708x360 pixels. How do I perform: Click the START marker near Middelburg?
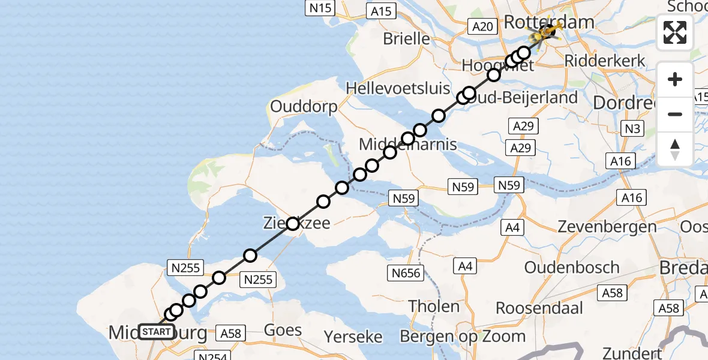tap(157, 331)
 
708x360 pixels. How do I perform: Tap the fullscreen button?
tap(675, 32)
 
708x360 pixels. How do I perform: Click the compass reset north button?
tap(675, 149)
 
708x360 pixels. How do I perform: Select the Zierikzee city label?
tap(298, 224)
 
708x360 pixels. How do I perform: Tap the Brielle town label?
tap(406, 39)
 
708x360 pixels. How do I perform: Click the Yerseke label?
tap(353, 337)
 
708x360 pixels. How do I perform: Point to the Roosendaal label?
tap(539, 308)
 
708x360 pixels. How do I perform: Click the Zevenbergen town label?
tap(607, 227)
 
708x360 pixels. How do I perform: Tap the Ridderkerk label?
tap(605, 61)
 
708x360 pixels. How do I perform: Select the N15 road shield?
tap(319, 8)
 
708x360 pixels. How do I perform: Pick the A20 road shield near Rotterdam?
tap(482, 26)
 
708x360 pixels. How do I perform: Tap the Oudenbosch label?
tap(572, 268)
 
